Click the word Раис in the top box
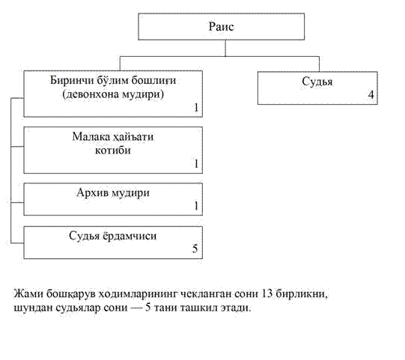pos(222,27)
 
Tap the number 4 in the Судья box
pos(371,95)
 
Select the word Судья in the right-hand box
pos(317,82)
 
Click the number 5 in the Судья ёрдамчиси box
pos(195,248)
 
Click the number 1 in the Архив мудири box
pos(196,206)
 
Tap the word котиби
pos(113,150)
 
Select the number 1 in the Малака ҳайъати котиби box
pos(196,163)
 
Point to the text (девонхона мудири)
pos(113,94)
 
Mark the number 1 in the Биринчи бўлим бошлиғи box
pos(196,108)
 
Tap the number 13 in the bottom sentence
pos(267,293)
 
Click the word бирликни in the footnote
pos(302,294)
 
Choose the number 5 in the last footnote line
pos(147,308)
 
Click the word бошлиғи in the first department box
pos(153,81)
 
